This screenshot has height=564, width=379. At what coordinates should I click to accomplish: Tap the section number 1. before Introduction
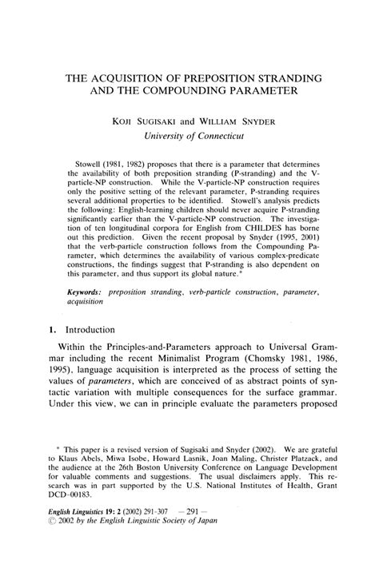(70, 329)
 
